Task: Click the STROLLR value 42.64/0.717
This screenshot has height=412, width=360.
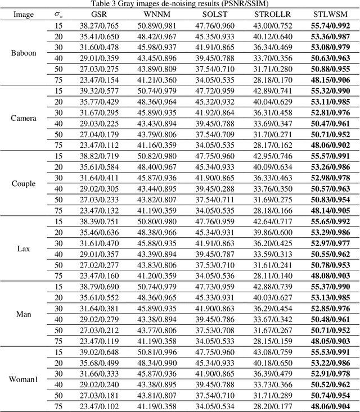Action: tap(269, 221)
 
